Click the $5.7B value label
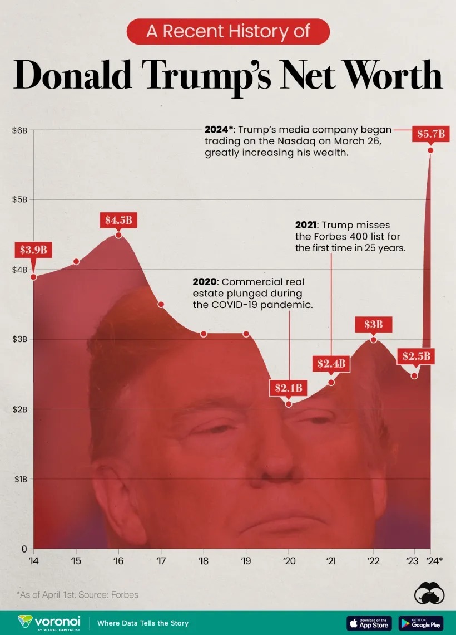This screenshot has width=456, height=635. [x=431, y=134]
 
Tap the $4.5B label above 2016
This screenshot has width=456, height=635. [x=118, y=219]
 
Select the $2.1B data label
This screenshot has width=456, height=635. [x=288, y=388]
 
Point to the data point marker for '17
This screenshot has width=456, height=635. [x=161, y=304]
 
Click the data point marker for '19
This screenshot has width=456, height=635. [x=246, y=334]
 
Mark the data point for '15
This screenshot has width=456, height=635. [x=76, y=261]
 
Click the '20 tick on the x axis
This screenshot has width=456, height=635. [x=288, y=560]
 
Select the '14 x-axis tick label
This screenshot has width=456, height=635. [x=33, y=560]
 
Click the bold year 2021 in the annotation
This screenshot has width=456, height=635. [x=306, y=225]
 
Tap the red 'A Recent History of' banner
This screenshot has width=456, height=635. [x=228, y=31]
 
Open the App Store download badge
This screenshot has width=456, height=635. [x=369, y=623]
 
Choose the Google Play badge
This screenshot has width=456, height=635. [x=421, y=623]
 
